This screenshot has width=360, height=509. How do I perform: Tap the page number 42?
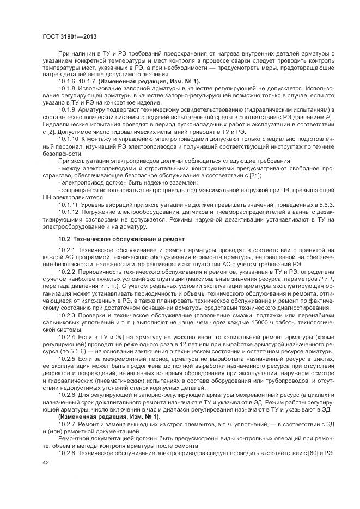tap(45, 462)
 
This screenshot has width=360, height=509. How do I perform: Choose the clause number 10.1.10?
tap(69, 139)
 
